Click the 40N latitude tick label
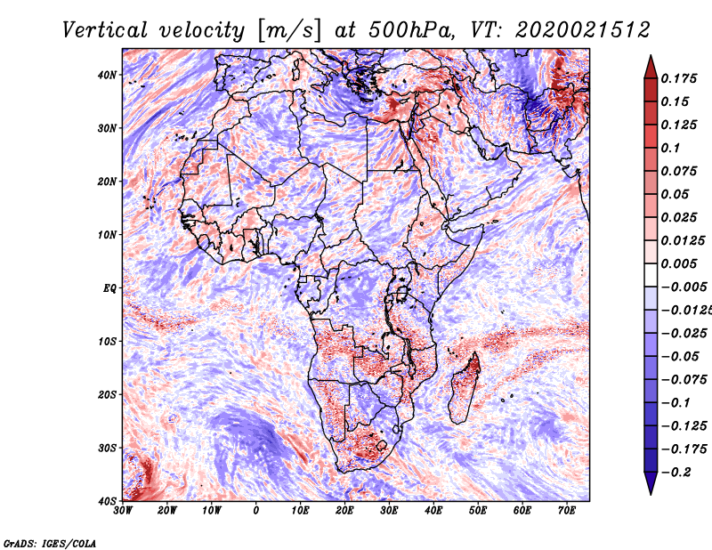click(106, 75)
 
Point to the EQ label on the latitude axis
click(109, 288)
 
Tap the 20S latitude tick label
click(107, 395)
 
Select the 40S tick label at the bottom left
click(107, 501)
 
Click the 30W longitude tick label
click(123, 511)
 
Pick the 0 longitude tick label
click(256, 511)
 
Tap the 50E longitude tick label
click(478, 511)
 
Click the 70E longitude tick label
click(567, 511)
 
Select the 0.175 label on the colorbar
click(679, 79)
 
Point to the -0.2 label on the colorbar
click(676, 473)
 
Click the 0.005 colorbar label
click(679, 263)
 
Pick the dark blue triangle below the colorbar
click(651, 482)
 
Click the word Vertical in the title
click(105, 30)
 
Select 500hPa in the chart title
click(411, 30)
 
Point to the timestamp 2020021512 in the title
click(583, 30)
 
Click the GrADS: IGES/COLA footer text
click(50, 544)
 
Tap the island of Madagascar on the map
click(464, 387)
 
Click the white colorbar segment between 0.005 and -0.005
click(651, 275)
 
